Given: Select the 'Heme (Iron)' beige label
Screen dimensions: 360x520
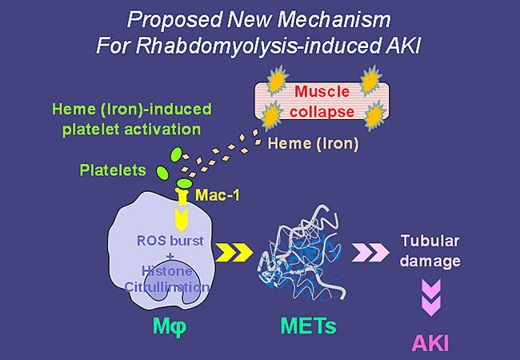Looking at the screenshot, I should coord(302,144).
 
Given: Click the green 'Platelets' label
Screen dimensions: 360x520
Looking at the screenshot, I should coord(114,170).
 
